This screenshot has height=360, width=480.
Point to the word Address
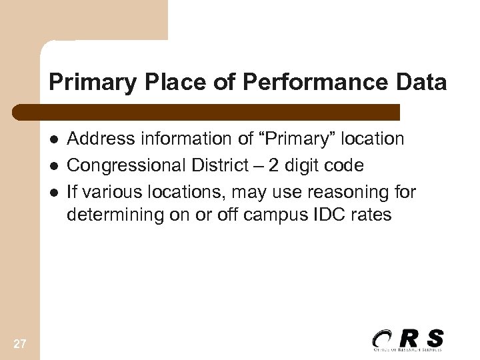(97, 139)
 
